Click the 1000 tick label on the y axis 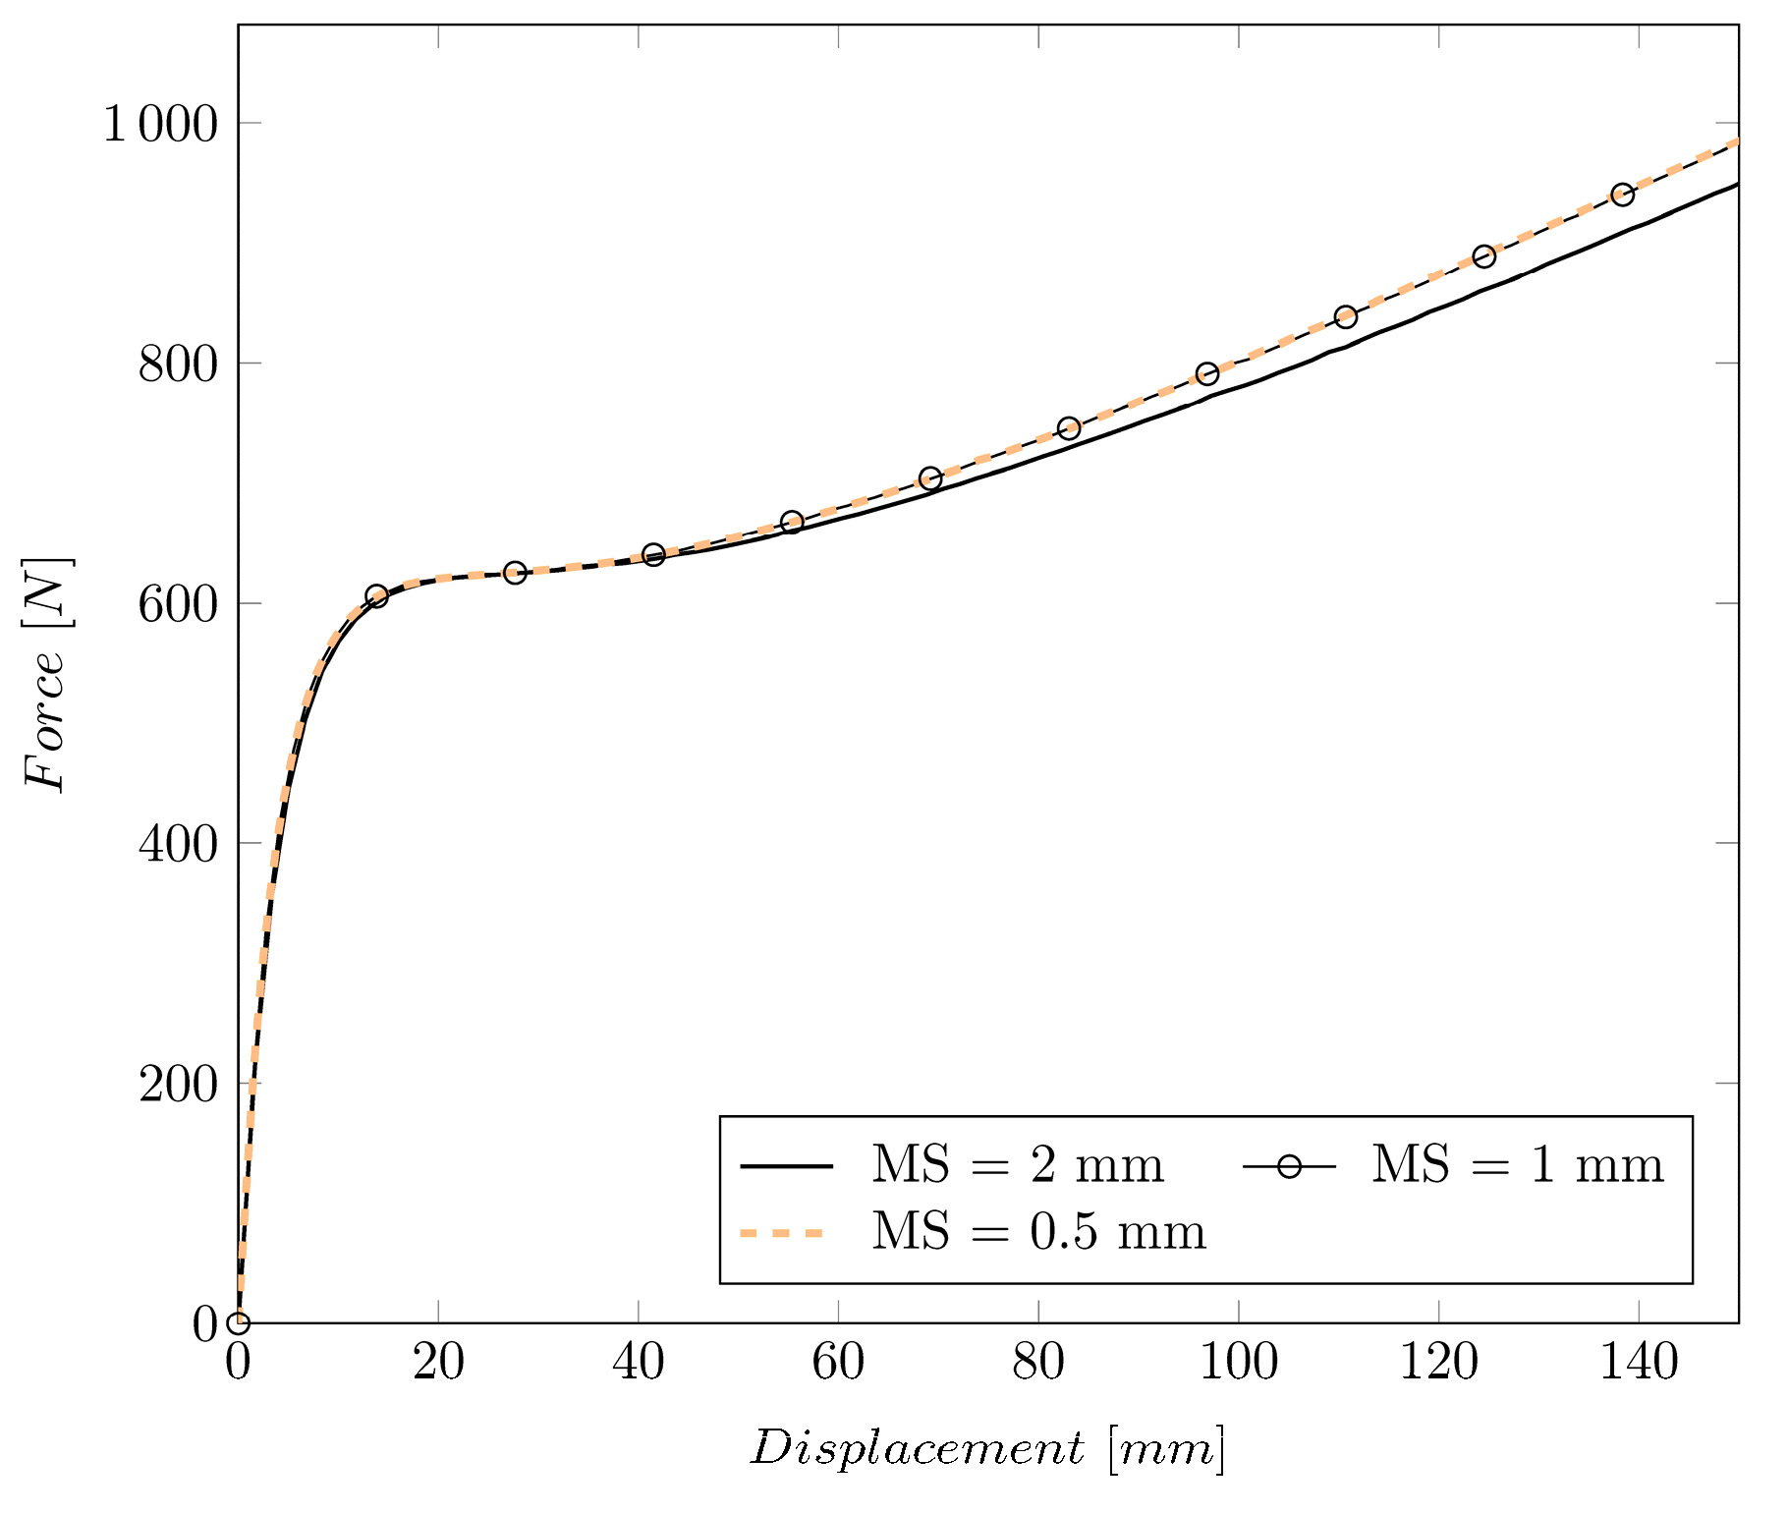click(x=159, y=126)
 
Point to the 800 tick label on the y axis click(x=177, y=365)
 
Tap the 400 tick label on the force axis click(x=177, y=845)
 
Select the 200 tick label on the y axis click(x=177, y=1085)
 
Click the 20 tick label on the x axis click(x=438, y=1364)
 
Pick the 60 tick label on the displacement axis click(x=838, y=1364)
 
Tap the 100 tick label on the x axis click(x=1238, y=1364)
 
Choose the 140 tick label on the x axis click(x=1639, y=1364)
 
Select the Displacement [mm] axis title click(x=987, y=1449)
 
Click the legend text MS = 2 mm click(x=1017, y=1166)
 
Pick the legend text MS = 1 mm click(x=1517, y=1166)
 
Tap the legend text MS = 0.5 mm click(x=1038, y=1232)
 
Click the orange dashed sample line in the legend click(x=782, y=1232)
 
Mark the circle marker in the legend click(x=1289, y=1166)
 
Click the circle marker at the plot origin click(x=239, y=1322)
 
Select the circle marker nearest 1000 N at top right click(x=1622, y=194)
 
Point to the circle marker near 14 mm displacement click(x=376, y=596)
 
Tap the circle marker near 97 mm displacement click(x=1207, y=373)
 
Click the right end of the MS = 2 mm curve click(x=1736, y=185)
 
